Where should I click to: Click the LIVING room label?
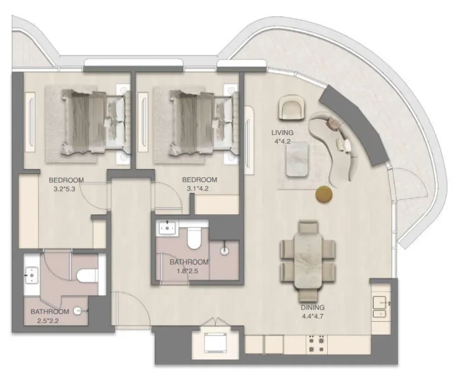tap(283, 133)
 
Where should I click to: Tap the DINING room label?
tap(312, 308)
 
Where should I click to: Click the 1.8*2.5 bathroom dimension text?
tap(188, 271)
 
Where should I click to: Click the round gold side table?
tap(324, 195)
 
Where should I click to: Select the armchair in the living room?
tap(291, 107)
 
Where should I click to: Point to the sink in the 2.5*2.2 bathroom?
tap(32, 274)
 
